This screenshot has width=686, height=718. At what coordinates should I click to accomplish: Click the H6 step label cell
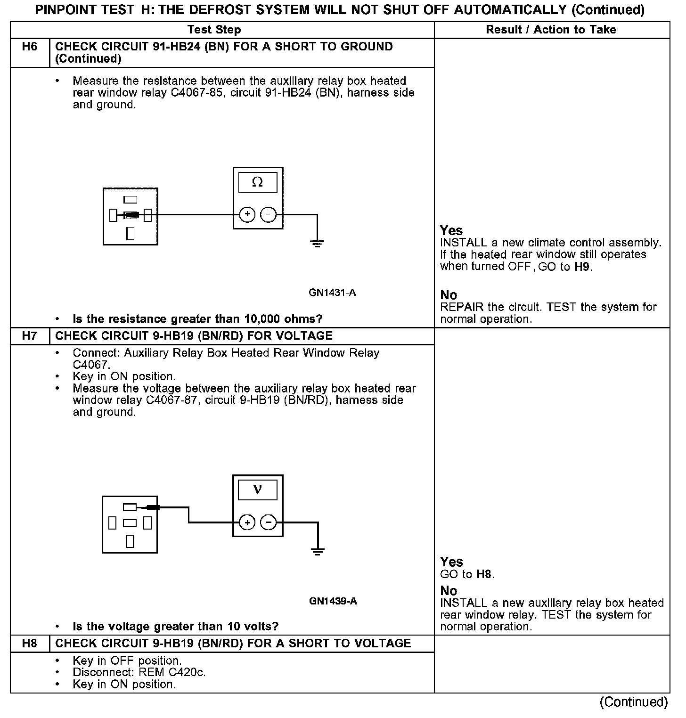click(30, 47)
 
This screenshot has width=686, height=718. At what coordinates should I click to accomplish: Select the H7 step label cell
click(30, 336)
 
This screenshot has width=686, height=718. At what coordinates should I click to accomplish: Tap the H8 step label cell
click(30, 644)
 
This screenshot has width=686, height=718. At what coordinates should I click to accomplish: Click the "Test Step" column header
click(214, 30)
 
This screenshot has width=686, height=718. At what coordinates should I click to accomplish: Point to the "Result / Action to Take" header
click(551, 30)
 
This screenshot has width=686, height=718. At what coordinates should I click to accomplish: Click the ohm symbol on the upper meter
click(257, 182)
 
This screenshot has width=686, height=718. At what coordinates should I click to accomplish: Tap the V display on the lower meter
click(257, 490)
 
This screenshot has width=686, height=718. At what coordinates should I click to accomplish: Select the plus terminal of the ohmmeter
click(247, 215)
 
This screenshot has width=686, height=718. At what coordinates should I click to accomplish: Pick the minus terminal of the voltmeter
click(269, 522)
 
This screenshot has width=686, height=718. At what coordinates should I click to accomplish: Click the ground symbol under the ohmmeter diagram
click(317, 244)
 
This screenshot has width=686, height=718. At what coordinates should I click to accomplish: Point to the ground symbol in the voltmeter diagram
click(318, 552)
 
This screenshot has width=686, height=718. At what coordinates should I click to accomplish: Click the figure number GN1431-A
click(332, 293)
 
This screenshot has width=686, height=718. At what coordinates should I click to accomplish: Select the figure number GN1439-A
click(333, 601)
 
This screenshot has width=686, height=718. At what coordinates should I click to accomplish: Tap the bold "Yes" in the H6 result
click(451, 230)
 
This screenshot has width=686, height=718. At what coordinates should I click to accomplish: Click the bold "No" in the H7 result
click(449, 591)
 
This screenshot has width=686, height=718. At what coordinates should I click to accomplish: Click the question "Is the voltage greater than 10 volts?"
click(175, 627)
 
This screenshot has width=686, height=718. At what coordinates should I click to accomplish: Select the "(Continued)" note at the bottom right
click(633, 702)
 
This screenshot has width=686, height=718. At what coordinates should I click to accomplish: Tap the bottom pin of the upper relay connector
click(131, 233)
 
